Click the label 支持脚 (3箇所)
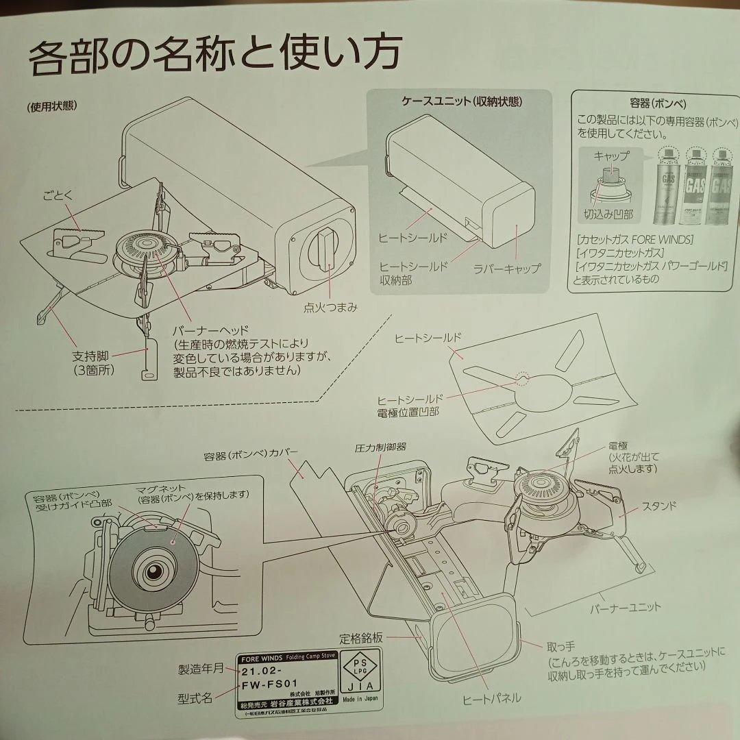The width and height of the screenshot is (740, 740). [92, 363]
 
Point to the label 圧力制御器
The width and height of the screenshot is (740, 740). [380, 447]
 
